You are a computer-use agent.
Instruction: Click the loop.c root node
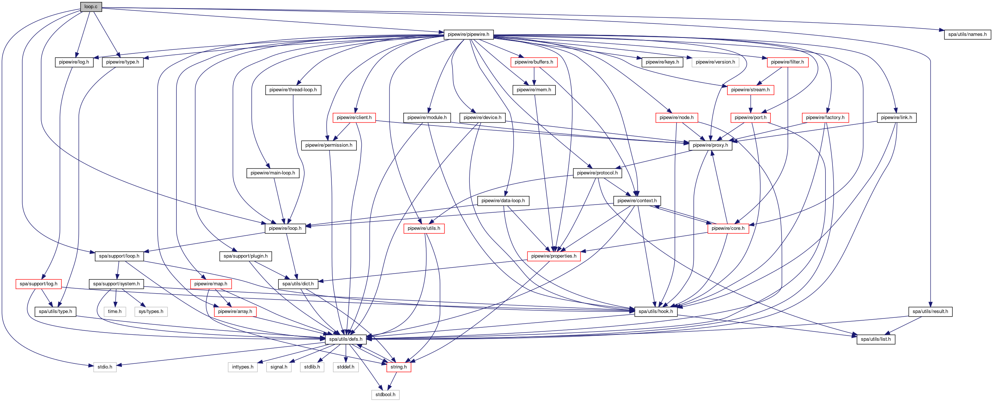point(91,7)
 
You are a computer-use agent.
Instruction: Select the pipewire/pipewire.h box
point(468,34)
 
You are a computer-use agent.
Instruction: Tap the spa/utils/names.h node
point(967,34)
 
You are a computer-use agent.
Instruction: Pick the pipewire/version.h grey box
point(715,62)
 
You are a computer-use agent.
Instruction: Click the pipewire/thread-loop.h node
point(293,90)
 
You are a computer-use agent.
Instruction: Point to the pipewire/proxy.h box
point(710,145)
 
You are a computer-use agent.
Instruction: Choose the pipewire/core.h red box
point(728,228)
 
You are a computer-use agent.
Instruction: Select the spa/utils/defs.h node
point(345,339)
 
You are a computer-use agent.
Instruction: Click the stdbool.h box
point(385,395)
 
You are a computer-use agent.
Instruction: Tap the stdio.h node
point(105,367)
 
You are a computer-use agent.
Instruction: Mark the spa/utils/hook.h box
point(655,311)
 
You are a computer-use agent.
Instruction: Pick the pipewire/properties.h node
point(554,256)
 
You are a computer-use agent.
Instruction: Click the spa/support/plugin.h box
point(246,256)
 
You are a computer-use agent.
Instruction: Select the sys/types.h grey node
point(151,311)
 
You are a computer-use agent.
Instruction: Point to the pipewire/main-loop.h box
point(272,173)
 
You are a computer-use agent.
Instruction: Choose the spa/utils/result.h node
point(930,311)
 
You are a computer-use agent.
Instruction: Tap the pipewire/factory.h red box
point(825,117)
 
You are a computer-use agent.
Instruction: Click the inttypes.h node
point(242,367)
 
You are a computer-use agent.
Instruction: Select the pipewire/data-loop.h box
point(503,200)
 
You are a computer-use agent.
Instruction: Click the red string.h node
point(399,367)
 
